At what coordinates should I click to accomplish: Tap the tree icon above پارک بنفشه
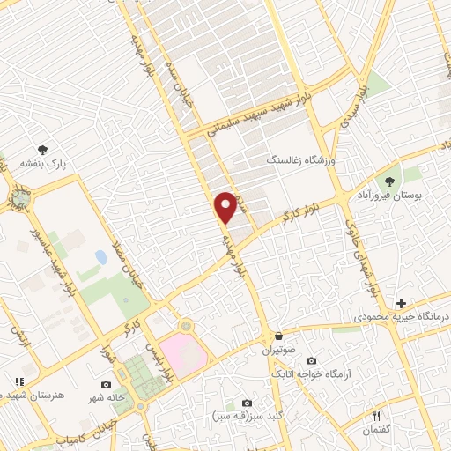pos(42,151)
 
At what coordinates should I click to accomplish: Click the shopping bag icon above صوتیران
pos(278,336)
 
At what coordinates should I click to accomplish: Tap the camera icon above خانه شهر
pos(107,384)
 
